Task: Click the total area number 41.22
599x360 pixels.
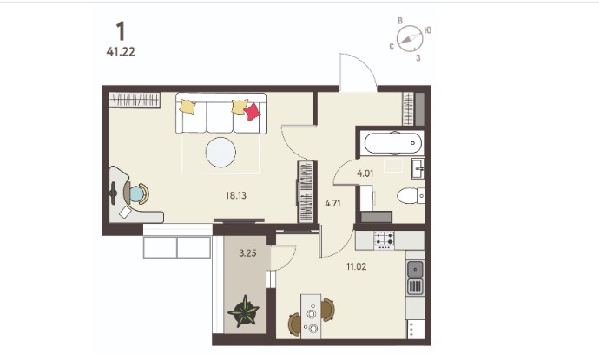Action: (x=121, y=51)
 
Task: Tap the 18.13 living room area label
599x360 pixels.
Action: (x=236, y=196)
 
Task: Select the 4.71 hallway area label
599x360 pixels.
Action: (x=332, y=203)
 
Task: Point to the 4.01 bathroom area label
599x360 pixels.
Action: (x=365, y=173)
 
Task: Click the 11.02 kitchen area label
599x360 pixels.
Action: (x=357, y=266)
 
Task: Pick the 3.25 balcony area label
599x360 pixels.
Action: (x=247, y=252)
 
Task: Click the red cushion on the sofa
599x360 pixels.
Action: (x=252, y=112)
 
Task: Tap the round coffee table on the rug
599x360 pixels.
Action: (x=221, y=153)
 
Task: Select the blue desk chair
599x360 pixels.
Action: (x=136, y=193)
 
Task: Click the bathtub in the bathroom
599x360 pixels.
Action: (x=392, y=143)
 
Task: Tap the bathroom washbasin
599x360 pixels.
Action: (x=418, y=169)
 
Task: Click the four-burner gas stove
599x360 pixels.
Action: (x=384, y=240)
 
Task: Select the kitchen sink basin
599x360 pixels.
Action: (x=415, y=270)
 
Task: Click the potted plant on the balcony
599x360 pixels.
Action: (x=243, y=311)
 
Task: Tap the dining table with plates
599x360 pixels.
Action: (x=311, y=316)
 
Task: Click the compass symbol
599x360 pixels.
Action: (x=410, y=38)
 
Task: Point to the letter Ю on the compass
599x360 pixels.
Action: (x=428, y=30)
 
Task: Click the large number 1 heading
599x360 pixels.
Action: (x=121, y=31)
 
